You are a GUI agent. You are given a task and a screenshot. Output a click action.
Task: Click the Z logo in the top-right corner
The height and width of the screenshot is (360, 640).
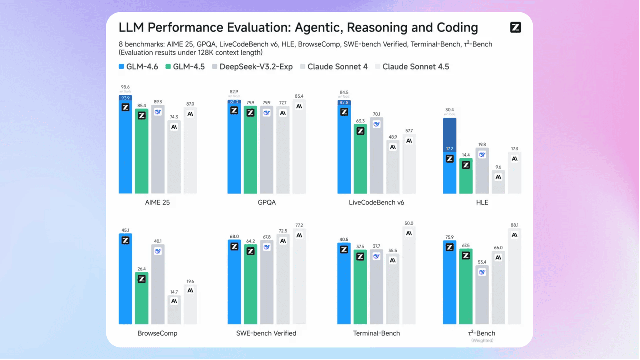515,28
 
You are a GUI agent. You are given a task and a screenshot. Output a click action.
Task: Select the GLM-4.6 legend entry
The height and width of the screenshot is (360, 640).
138,66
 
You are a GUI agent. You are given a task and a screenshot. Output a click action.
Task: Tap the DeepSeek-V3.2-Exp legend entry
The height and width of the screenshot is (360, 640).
252,66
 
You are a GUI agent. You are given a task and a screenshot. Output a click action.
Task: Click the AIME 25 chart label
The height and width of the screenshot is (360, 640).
158,203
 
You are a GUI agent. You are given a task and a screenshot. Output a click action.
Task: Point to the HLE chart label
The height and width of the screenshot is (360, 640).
482,203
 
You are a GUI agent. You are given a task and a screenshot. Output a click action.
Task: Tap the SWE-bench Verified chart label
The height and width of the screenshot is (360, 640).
266,333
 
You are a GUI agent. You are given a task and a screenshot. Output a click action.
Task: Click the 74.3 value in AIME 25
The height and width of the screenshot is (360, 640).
174,117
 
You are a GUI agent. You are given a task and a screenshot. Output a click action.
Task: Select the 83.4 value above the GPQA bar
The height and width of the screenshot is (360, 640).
299,96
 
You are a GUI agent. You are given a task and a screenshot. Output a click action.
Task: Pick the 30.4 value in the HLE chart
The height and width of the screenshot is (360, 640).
449,110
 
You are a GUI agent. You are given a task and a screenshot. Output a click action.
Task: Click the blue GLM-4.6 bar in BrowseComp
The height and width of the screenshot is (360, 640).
125,280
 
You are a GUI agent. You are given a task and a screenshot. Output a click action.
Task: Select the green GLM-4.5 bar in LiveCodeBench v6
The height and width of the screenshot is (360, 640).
360,160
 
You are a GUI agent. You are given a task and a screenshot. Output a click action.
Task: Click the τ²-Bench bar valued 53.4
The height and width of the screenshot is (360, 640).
482,295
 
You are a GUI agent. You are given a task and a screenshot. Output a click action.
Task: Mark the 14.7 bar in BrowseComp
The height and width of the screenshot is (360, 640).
174,310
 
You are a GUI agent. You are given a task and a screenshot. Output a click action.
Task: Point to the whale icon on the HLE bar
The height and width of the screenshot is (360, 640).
482,155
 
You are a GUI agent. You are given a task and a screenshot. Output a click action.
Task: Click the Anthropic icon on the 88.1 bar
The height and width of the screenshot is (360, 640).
515,235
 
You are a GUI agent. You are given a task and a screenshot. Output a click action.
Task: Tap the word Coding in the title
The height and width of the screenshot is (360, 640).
452,28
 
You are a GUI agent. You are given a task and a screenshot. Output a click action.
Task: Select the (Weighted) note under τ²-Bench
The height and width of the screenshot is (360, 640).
482,341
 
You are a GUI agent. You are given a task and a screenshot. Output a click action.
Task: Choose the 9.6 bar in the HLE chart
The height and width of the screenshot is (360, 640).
498,182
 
